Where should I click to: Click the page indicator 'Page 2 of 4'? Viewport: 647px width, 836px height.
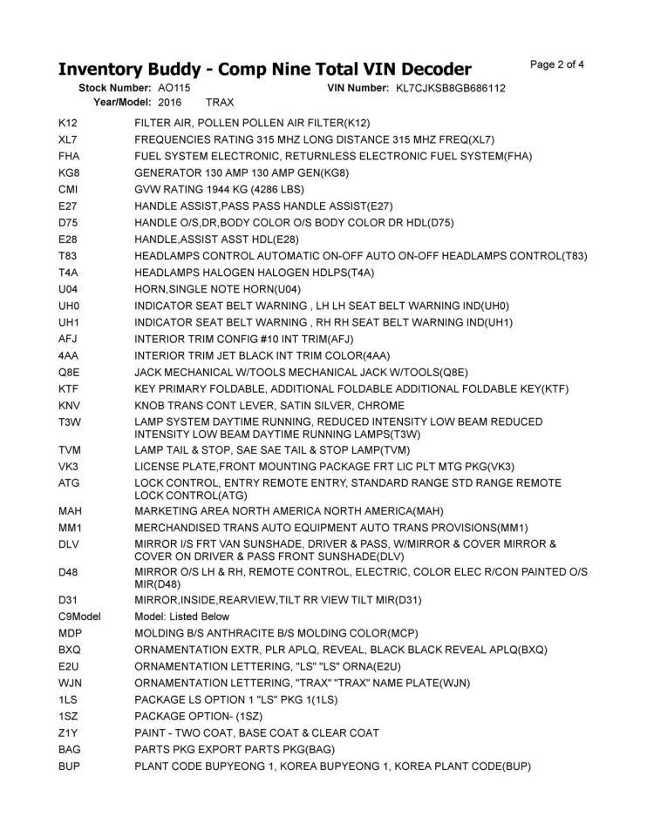coord(556,64)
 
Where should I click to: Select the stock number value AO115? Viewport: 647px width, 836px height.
coord(174,88)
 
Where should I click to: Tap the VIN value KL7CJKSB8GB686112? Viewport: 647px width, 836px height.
coord(451,88)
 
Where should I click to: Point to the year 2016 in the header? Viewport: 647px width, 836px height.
coord(170,102)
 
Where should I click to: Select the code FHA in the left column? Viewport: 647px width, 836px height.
coord(70,156)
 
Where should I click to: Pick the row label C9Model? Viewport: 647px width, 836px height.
coord(79,617)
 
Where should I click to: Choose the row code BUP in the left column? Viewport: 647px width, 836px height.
coord(69,765)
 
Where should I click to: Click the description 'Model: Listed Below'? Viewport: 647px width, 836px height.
coord(182,617)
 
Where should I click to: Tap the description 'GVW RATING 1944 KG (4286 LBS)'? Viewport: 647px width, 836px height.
coord(220,189)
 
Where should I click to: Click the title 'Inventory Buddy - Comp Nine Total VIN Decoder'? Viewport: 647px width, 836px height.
coord(264,69)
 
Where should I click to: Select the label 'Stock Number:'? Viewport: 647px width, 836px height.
coord(115,88)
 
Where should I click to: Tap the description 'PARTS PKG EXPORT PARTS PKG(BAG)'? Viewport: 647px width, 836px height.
coord(235,749)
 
